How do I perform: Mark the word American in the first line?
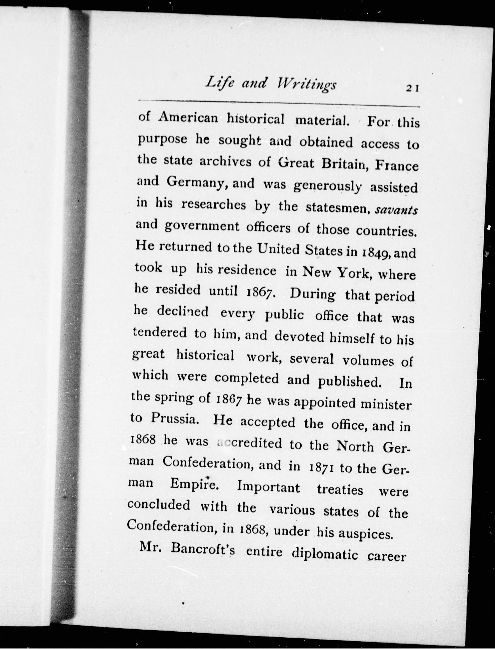188,118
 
